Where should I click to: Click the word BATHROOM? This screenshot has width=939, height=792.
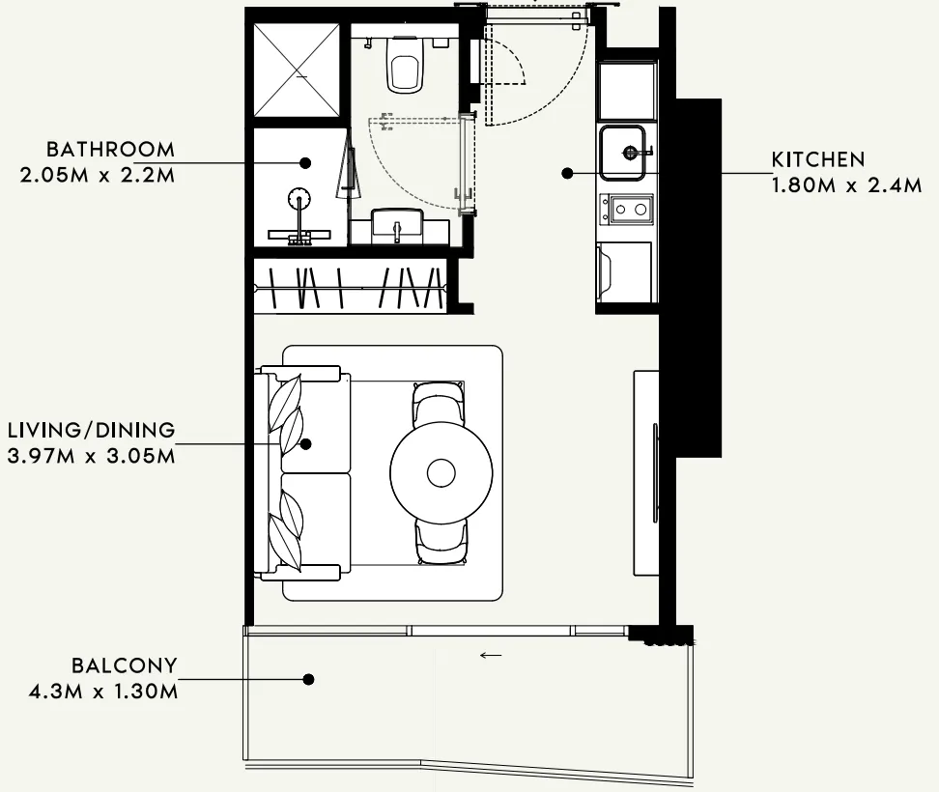pos(110,149)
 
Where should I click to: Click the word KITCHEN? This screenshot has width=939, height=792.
pos(818,159)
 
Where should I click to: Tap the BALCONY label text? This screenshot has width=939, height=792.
pos(125,665)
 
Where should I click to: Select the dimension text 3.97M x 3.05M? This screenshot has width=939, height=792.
pos(92,456)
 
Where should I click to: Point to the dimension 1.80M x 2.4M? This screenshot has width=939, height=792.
pos(846,185)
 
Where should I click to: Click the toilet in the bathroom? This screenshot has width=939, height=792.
pos(405,65)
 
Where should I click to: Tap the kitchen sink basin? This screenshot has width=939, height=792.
pos(623,153)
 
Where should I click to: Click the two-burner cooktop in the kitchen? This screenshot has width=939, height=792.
pos(626,209)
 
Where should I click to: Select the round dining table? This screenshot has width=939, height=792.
pos(441,472)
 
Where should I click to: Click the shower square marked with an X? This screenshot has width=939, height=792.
pos(297,71)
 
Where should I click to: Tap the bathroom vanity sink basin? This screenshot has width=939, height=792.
pos(397,226)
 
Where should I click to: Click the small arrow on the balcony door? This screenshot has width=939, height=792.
pos(491,655)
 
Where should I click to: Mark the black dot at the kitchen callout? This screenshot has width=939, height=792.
pos(567,174)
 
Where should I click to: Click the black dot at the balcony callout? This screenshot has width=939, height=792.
pos(308,679)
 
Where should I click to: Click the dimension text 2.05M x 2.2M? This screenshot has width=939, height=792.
pos(98,176)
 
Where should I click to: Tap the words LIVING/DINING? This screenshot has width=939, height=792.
pos(92,430)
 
